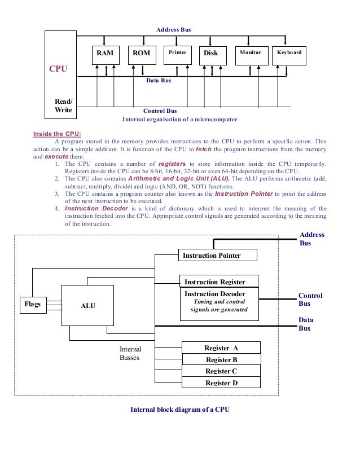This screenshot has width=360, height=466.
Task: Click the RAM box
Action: click(x=105, y=53)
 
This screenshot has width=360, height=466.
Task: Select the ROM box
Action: click(x=141, y=53)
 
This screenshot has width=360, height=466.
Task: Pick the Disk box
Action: click(x=210, y=53)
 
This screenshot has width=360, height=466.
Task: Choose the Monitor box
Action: click(x=250, y=53)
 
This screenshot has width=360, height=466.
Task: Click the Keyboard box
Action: click(x=289, y=53)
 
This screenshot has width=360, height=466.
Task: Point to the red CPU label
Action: click(x=58, y=69)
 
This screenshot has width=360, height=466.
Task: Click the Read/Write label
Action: click(x=63, y=105)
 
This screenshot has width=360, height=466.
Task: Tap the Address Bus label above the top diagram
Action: click(x=174, y=28)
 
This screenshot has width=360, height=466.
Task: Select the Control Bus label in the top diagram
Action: click(x=160, y=111)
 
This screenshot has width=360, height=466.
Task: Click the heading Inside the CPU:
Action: click(x=58, y=134)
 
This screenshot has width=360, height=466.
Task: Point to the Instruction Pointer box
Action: click(x=218, y=256)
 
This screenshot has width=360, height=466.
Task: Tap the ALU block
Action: click(x=87, y=305)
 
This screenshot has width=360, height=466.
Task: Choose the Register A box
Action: click(x=221, y=348)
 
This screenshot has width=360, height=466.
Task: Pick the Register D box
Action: click(x=221, y=383)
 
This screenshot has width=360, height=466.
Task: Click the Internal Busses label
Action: click(x=130, y=354)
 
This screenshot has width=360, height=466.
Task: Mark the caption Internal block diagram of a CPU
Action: click(x=180, y=410)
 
